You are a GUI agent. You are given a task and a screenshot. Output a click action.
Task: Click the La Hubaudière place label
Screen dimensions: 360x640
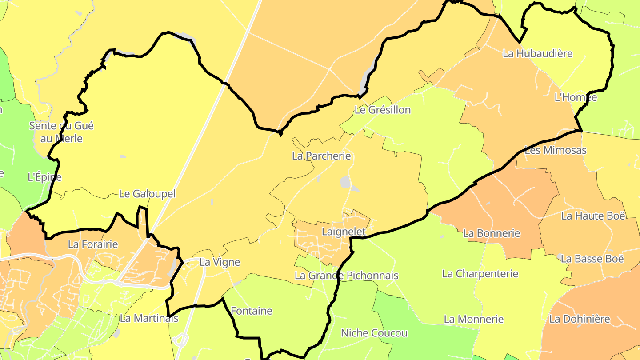pyautogui.click(x=538, y=54)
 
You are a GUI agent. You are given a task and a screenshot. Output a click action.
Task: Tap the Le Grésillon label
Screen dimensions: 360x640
pyautogui.click(x=383, y=110)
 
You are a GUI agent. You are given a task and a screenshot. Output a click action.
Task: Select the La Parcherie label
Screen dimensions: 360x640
pyautogui.click(x=321, y=156)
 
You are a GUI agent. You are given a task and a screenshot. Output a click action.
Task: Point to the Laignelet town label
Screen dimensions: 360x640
pyautogui.click(x=344, y=232)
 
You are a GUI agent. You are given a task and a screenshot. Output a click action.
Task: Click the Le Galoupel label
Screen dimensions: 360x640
pyautogui.click(x=148, y=194)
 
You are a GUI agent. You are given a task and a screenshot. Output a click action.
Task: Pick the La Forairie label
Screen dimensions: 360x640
pyautogui.click(x=93, y=244)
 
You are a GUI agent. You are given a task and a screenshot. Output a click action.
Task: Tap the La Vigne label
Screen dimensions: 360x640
pyautogui.click(x=220, y=262)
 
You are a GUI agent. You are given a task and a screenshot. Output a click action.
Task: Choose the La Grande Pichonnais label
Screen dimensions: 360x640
pyautogui.click(x=347, y=276)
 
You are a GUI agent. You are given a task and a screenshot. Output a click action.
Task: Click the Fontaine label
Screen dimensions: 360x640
pyautogui.click(x=252, y=311)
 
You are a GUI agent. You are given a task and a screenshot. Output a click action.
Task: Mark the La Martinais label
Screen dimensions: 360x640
pyautogui.click(x=149, y=318)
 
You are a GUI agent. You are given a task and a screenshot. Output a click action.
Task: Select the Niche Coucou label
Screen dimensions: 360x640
pyautogui.click(x=374, y=333)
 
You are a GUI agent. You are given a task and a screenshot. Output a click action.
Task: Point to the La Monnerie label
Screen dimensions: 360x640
pyautogui.click(x=474, y=319)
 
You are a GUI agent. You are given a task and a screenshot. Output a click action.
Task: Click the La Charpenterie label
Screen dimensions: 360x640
pyautogui.click(x=480, y=274)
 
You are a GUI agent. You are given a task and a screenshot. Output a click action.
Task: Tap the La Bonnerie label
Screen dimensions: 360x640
pyautogui.click(x=492, y=233)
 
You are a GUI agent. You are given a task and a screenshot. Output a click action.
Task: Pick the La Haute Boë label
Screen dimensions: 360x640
pyautogui.click(x=593, y=216)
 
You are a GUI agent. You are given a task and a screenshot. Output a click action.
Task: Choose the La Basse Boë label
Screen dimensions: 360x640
pyautogui.click(x=592, y=259)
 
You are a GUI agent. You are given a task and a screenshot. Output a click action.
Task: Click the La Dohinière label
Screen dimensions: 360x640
pyautogui.click(x=580, y=319)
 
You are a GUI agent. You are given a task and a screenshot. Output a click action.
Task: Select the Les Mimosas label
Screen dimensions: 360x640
pyautogui.click(x=556, y=150)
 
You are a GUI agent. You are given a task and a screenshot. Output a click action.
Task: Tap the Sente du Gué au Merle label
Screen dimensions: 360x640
pyautogui.click(x=61, y=132)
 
